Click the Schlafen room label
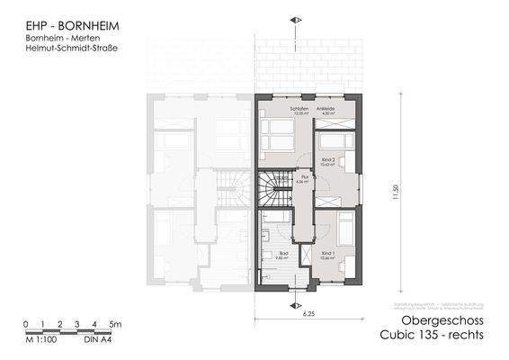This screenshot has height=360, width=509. [298, 108]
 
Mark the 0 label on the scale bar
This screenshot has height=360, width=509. [27, 323]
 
